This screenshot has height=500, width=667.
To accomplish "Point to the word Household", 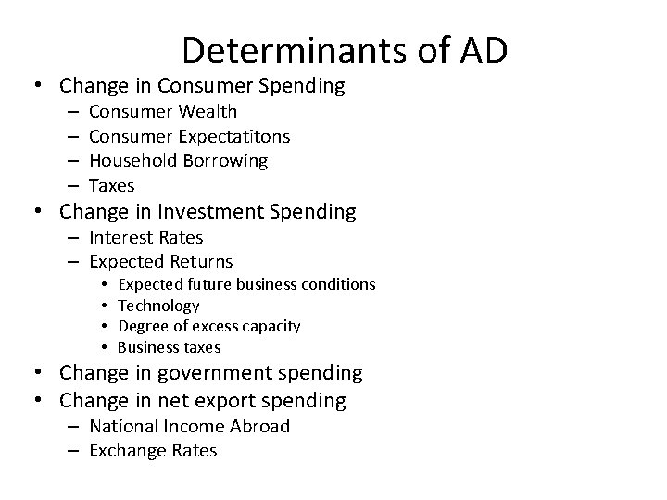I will [x=130, y=161].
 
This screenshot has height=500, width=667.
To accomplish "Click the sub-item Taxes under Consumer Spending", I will [x=112, y=185].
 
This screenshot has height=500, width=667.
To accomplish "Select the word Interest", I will [x=125, y=237].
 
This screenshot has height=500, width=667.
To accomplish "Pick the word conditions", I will [x=335, y=284].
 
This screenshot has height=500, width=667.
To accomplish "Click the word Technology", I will [x=159, y=306].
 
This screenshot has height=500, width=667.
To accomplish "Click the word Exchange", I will [x=127, y=451].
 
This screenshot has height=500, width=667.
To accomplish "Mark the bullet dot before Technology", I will [x=107, y=306].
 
